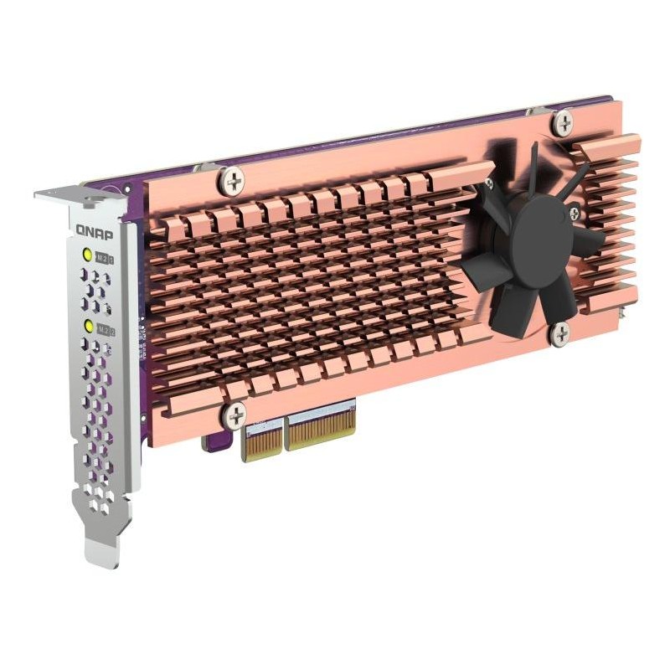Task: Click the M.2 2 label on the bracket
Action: (106, 327)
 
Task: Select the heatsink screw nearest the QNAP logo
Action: (232, 178)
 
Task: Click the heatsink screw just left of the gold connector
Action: (235, 415)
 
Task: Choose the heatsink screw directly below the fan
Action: (560, 332)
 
